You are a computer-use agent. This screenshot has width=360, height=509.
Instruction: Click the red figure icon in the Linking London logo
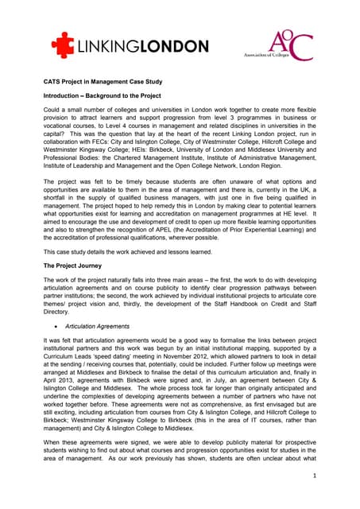coord(63,45)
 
